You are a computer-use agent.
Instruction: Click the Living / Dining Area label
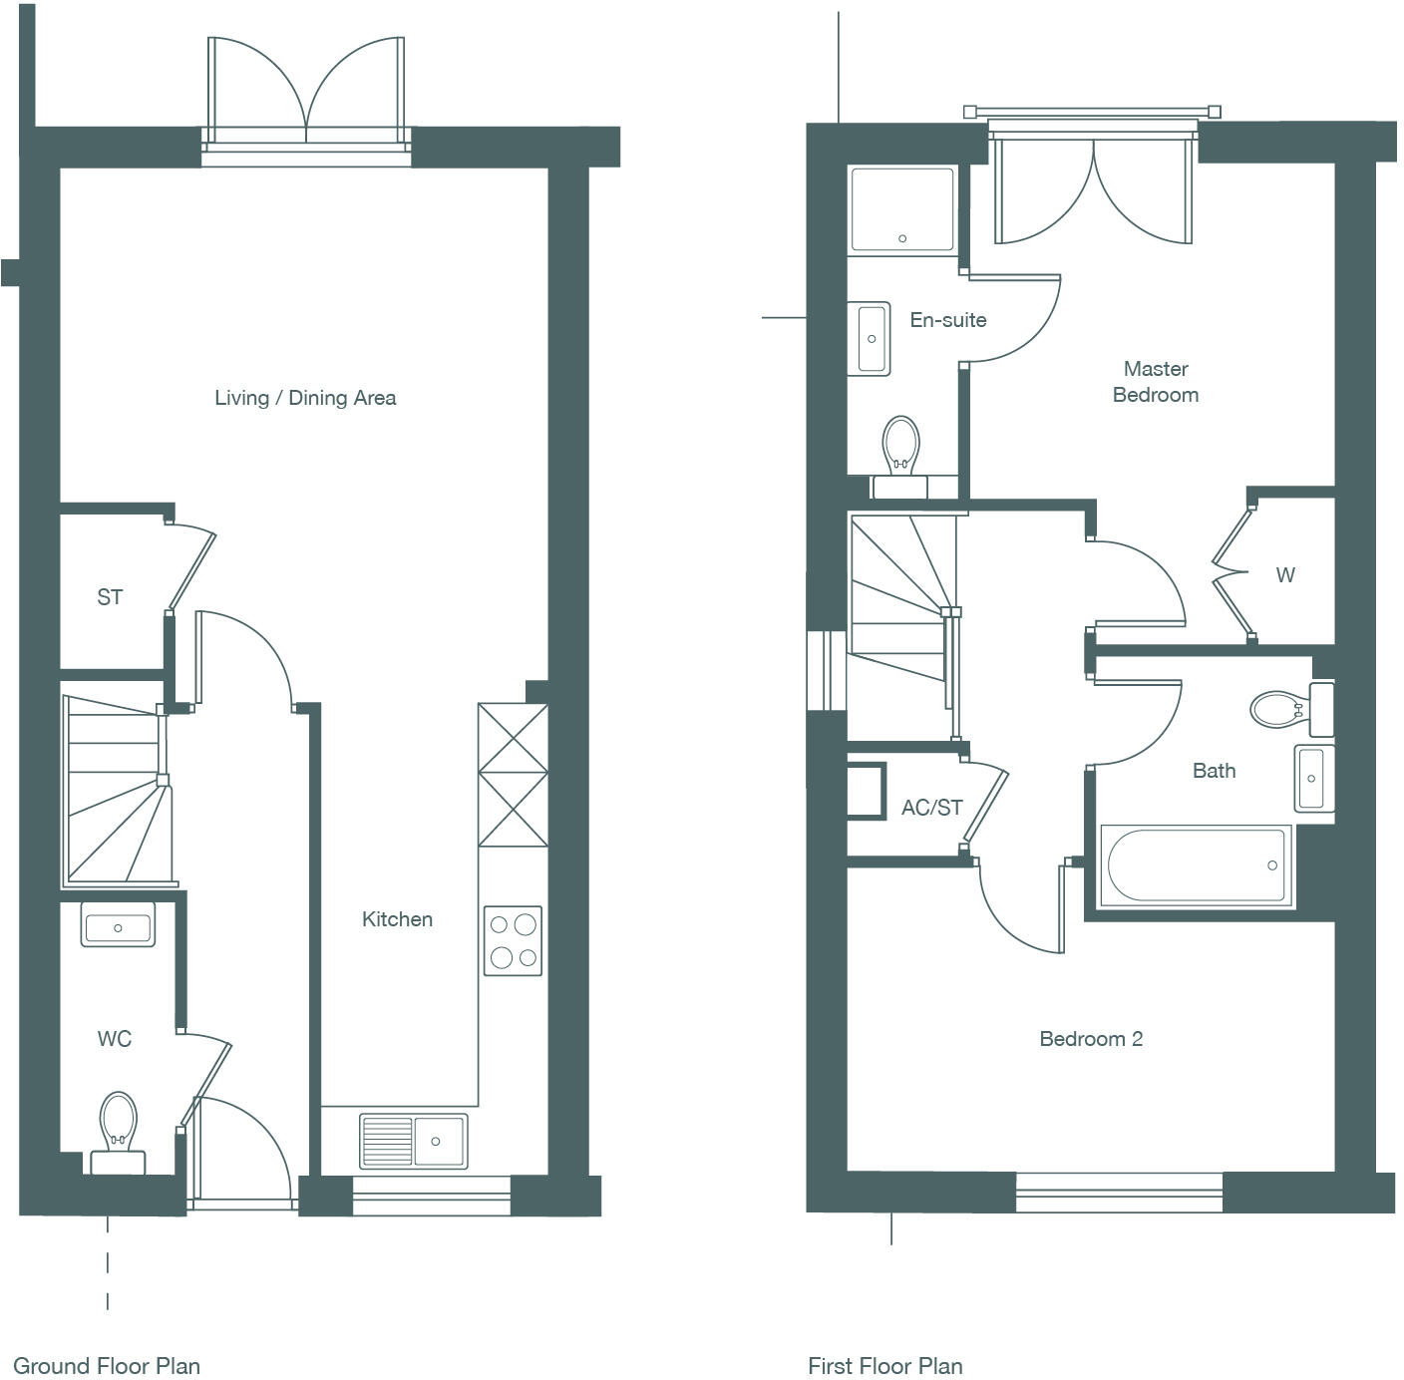pyautogui.click(x=305, y=398)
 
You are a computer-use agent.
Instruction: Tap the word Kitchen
pyautogui.click(x=397, y=919)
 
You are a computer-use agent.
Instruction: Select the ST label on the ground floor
pyautogui.click(x=110, y=597)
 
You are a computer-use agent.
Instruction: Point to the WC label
pyautogui.click(x=114, y=1039)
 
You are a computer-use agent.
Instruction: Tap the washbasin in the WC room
pyautogui.click(x=118, y=926)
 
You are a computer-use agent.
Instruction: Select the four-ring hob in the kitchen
pyautogui.click(x=513, y=940)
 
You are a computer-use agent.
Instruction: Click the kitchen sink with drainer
pyautogui.click(x=413, y=1141)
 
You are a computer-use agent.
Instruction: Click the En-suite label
pyautogui.click(x=948, y=320)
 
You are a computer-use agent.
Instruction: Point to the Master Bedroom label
pyautogui.click(x=1156, y=382)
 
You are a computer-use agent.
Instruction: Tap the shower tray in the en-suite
pyautogui.click(x=901, y=206)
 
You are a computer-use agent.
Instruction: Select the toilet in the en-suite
pyautogui.click(x=900, y=449)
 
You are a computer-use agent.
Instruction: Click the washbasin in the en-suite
pyautogui.click(x=871, y=339)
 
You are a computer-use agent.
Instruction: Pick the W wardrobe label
pyautogui.click(x=1285, y=575)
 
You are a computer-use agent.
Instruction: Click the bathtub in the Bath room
pyautogui.click(x=1196, y=865)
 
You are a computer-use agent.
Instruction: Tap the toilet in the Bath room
pyautogui.click(x=1281, y=709)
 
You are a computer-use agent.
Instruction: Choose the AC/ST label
pyautogui.click(x=932, y=808)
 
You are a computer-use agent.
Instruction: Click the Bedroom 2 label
pyautogui.click(x=1091, y=1039)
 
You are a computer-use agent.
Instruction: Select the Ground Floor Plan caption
pyautogui.click(x=107, y=1366)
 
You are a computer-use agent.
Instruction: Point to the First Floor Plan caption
pyautogui.click(x=885, y=1366)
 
